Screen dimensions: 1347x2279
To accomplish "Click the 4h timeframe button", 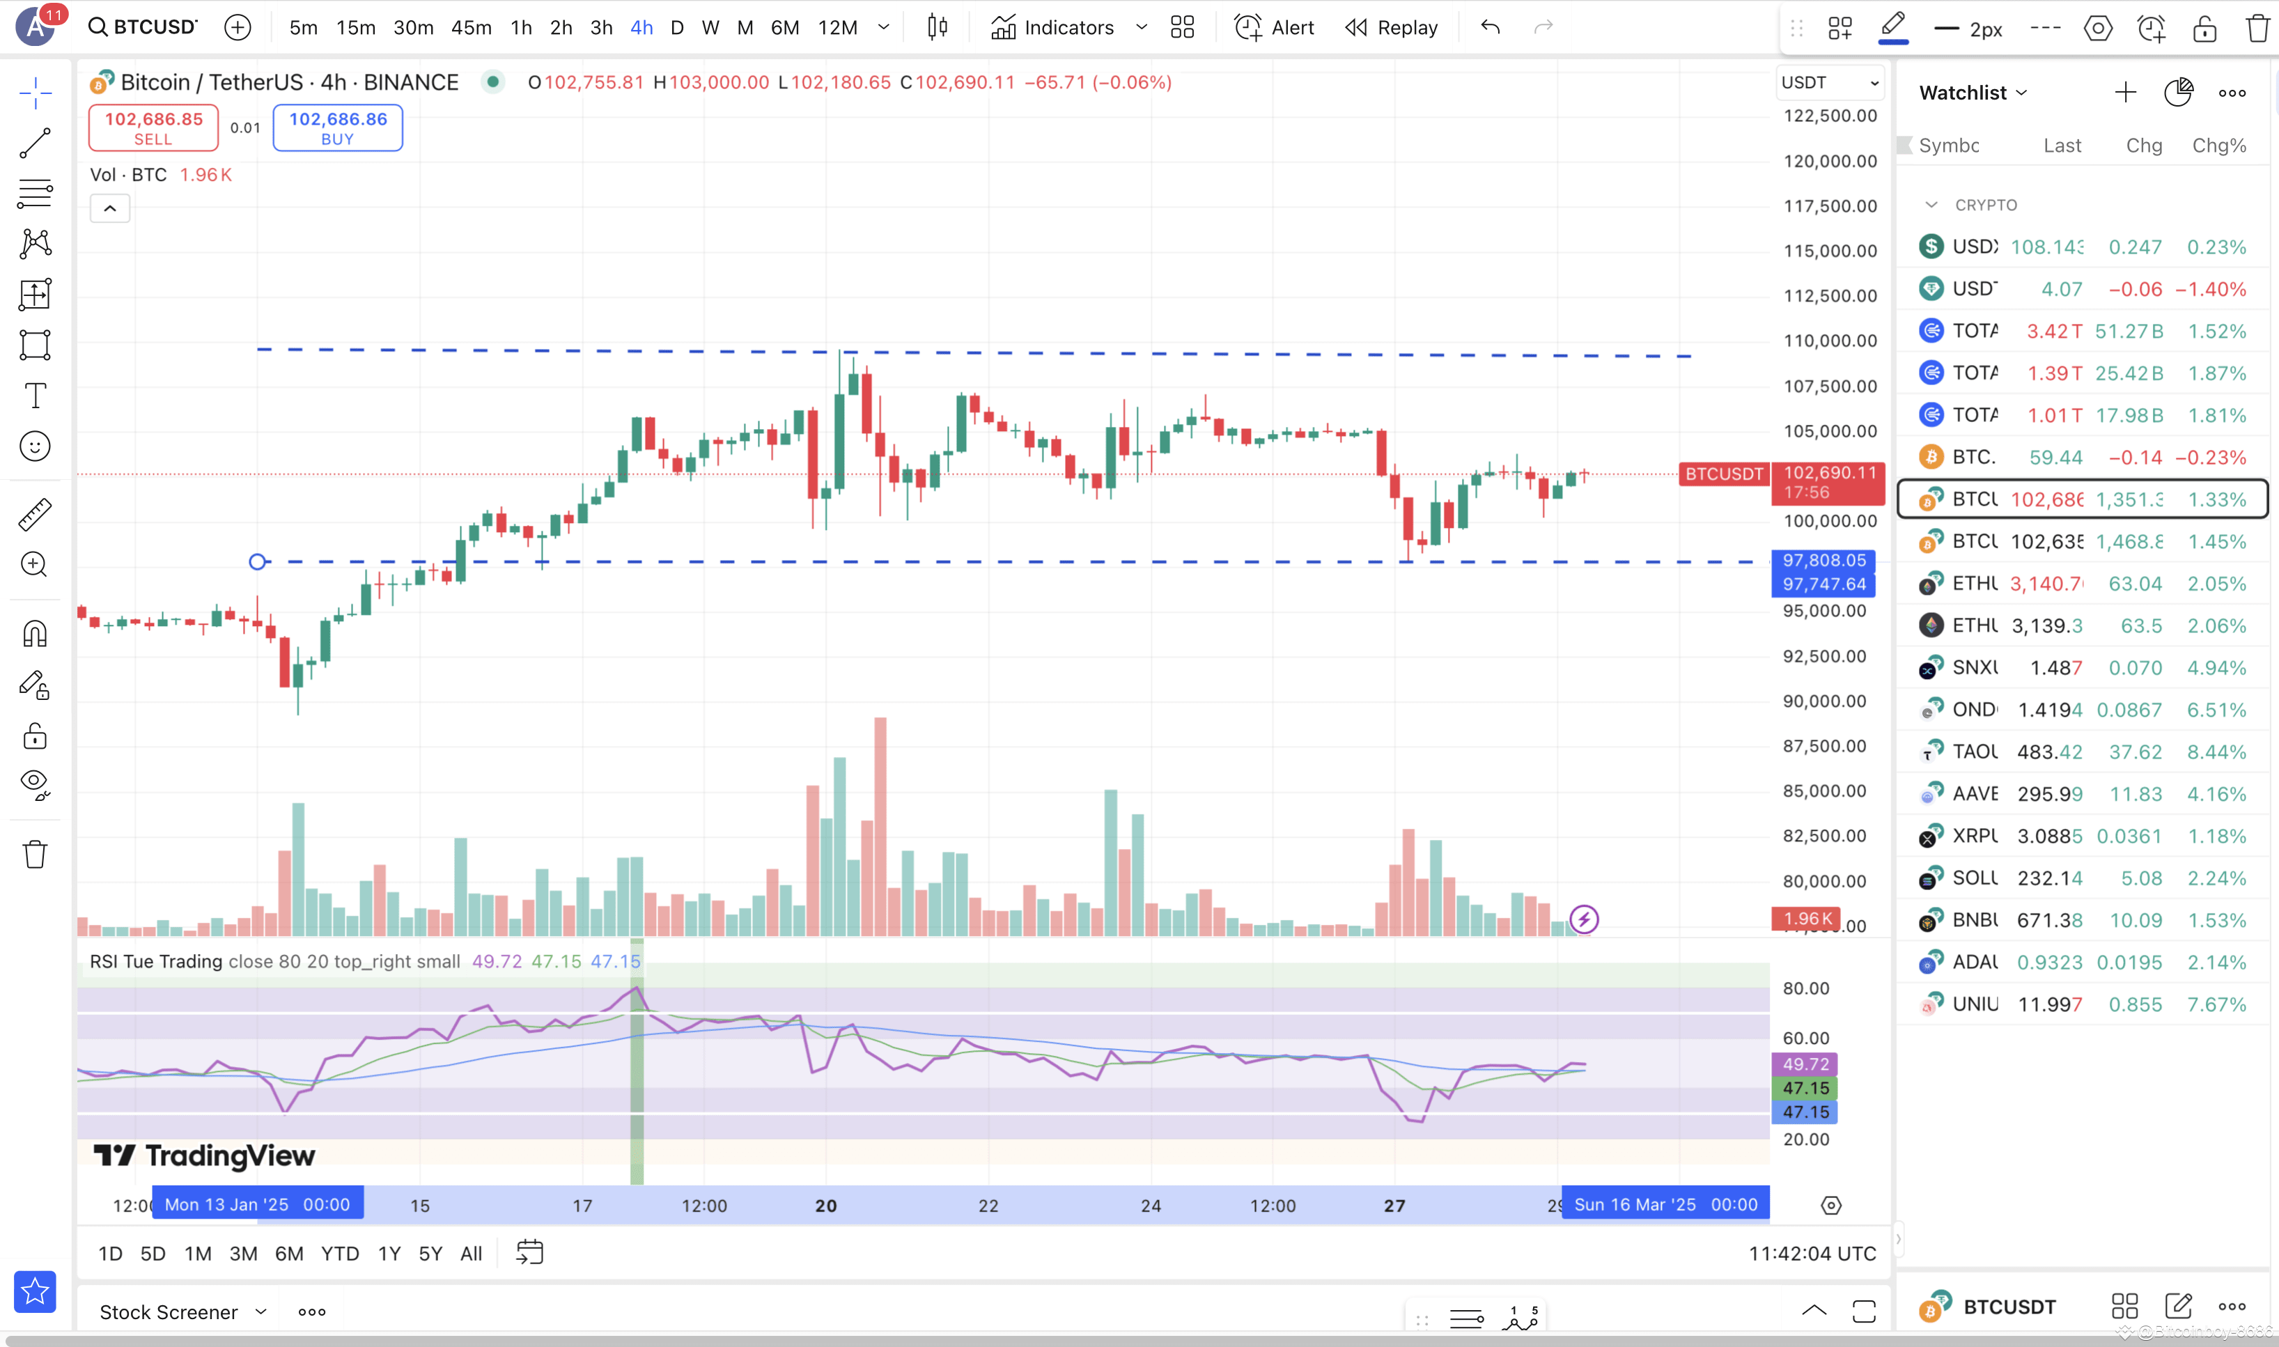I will point(641,27).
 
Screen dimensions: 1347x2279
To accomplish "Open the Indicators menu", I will point(1053,27).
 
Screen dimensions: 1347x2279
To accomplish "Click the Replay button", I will point(1392,27).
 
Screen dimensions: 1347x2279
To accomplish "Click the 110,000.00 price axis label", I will point(1829,341).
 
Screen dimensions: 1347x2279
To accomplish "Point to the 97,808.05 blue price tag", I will point(1823,560).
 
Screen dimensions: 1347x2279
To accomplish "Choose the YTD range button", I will point(339,1254).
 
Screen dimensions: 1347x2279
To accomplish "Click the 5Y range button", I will point(430,1254).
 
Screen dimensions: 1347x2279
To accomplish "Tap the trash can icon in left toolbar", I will point(35,854).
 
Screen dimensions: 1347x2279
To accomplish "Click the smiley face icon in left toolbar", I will point(35,446).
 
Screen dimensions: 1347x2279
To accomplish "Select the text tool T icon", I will point(35,396).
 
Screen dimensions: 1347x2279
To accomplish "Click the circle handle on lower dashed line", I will point(258,562).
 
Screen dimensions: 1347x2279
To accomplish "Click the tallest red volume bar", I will point(880,826).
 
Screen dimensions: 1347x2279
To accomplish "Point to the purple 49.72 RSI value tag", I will point(1803,1064).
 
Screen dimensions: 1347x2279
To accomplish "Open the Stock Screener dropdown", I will point(182,1311).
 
